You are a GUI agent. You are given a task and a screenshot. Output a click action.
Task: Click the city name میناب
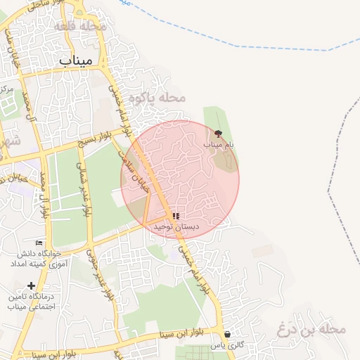[x=76, y=60]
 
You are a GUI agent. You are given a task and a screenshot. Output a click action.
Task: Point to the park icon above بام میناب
[x=218, y=133]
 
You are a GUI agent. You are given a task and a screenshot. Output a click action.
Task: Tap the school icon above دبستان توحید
[x=176, y=217]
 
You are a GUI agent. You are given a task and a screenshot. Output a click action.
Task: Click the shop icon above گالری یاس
[x=226, y=335]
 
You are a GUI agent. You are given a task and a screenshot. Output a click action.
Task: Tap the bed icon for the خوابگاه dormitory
[x=39, y=243]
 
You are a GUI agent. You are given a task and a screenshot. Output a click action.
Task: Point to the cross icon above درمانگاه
[x=30, y=285]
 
